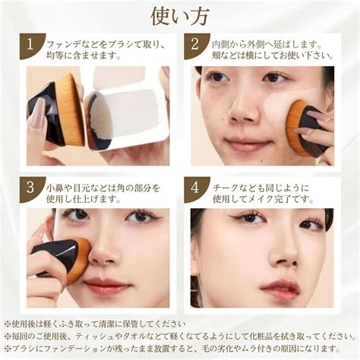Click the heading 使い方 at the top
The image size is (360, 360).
coord(180,17)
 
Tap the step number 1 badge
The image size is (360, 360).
coord(31,46)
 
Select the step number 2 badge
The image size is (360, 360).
coord(195,46)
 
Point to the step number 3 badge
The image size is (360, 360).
coord(31,189)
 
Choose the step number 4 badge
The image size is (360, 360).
coord(195,189)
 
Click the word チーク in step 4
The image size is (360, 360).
coord(226,188)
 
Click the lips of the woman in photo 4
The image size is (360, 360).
coord(279,288)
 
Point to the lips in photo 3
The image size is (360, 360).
coord(106,284)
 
